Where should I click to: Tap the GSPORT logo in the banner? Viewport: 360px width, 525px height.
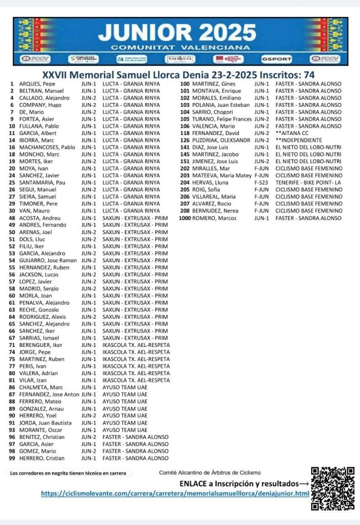pyautogui.click(x=276, y=59)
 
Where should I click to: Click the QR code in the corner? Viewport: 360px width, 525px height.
pyautogui.click(x=333, y=488)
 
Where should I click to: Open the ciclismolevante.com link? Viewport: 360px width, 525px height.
pyautogui.click(x=175, y=494)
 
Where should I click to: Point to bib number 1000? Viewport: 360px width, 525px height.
pyautogui.click(x=185, y=218)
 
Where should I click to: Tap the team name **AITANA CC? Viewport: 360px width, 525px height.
pyautogui.click(x=292, y=133)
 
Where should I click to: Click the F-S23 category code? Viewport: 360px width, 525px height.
pyautogui.click(x=261, y=183)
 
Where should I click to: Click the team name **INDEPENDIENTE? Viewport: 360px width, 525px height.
pyautogui.click(x=298, y=140)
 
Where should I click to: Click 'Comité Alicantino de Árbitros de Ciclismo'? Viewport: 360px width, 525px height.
pyautogui.click(x=210, y=473)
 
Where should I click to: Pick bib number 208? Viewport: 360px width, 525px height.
pyautogui.click(x=184, y=211)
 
